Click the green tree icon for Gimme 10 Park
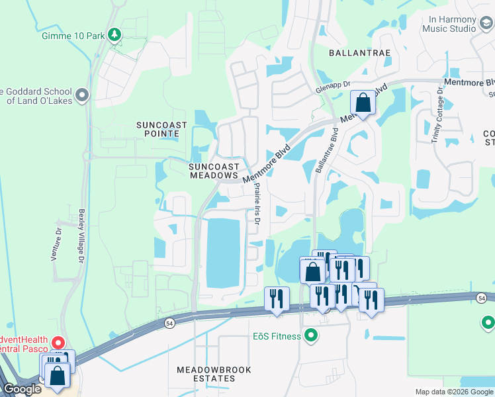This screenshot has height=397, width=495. click(x=115, y=34)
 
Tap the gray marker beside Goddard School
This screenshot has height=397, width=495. click(x=83, y=96)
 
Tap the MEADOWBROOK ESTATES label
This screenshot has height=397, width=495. click(x=214, y=374)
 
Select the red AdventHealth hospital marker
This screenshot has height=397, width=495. click(x=58, y=343)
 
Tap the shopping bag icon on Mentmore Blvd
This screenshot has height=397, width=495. click(x=363, y=103)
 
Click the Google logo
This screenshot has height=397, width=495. click(x=21, y=389)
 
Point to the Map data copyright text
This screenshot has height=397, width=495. click(x=454, y=392)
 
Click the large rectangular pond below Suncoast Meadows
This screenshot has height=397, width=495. click(x=223, y=253)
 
